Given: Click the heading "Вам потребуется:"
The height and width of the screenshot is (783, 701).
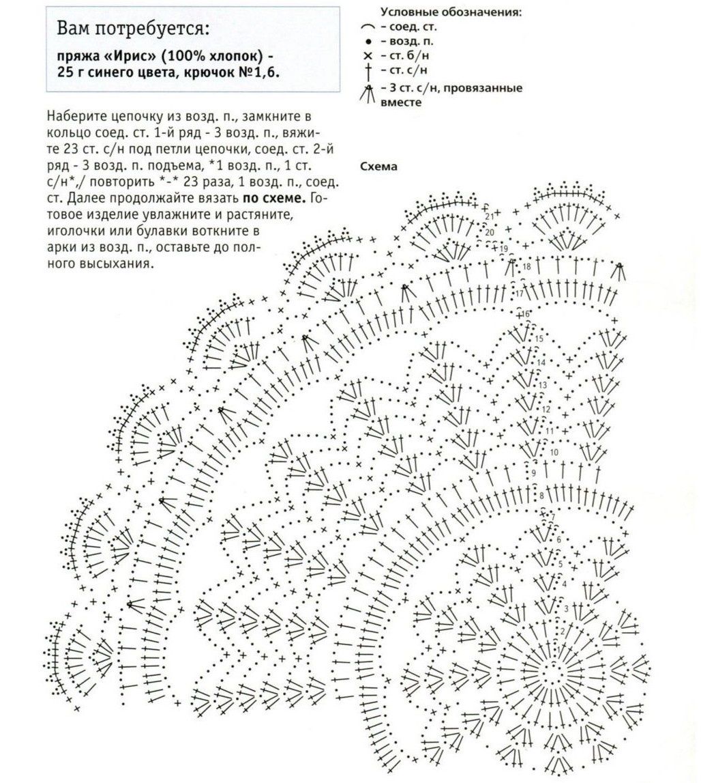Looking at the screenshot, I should coord(133,29).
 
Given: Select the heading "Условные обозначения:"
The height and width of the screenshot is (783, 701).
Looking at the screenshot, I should coord(451,12).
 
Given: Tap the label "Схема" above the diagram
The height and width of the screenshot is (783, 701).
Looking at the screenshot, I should coord(378,166).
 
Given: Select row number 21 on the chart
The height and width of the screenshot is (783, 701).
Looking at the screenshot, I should coord(490,216).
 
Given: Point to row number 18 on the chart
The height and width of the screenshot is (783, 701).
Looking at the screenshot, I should coord(526,266).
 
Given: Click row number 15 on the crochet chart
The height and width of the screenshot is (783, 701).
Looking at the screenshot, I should coord(539,339).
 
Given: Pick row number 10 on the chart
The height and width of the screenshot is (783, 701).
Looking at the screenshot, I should coord(554,452).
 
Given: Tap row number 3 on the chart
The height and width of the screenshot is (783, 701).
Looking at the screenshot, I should coord(566,608).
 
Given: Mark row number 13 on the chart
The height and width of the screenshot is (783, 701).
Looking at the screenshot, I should coord(543,386).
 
